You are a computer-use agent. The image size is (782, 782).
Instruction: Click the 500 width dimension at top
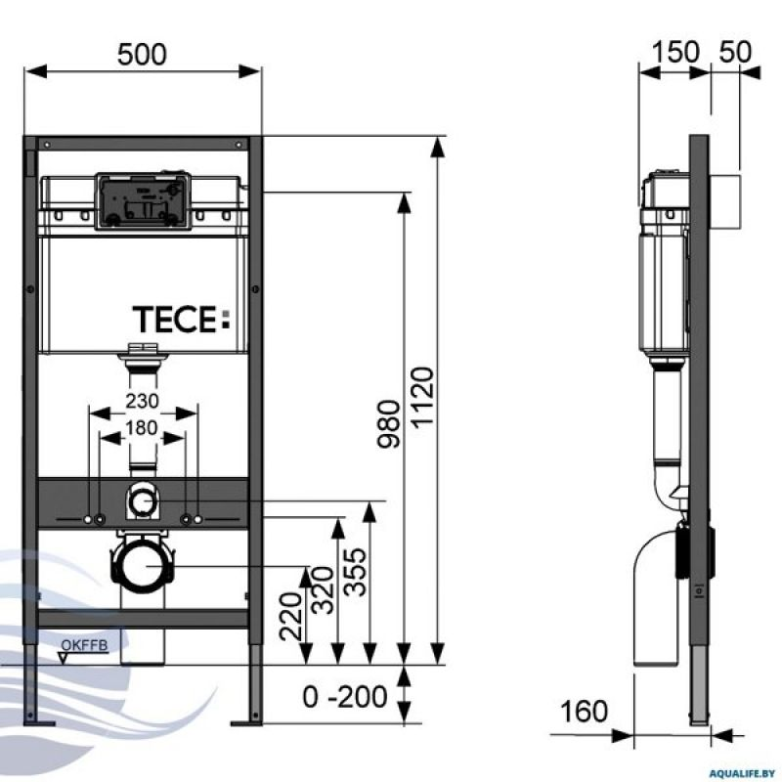click(143, 55)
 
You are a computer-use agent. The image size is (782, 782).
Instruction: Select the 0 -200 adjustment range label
click(344, 698)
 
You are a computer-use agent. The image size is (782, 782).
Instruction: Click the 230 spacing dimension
click(143, 400)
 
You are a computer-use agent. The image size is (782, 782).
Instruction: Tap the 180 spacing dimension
click(143, 427)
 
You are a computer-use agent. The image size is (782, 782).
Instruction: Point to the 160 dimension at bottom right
click(585, 710)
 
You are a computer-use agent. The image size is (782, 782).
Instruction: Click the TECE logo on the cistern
click(179, 319)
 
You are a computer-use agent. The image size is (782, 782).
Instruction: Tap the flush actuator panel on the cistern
click(141, 200)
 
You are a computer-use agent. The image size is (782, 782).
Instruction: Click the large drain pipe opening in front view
click(144, 567)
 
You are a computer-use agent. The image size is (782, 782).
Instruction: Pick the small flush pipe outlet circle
click(143, 502)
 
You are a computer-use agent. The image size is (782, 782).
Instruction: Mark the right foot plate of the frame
click(248, 722)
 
